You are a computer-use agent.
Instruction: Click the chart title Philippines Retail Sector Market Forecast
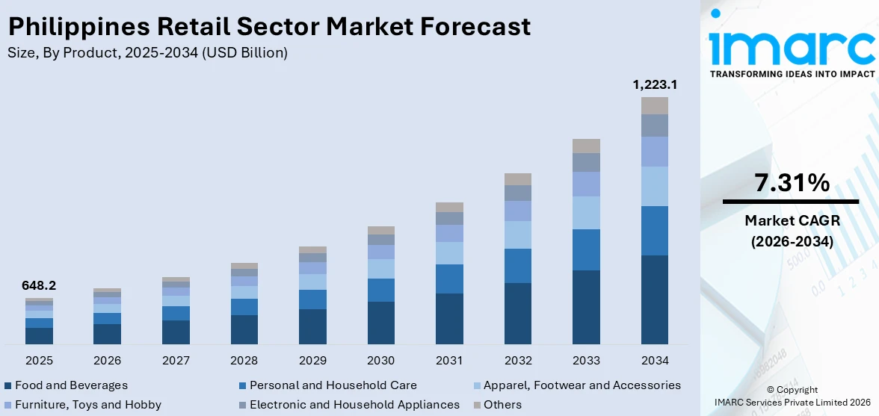[x=269, y=26]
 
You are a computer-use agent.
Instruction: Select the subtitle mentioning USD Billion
[x=147, y=53]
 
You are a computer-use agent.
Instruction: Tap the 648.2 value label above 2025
[x=39, y=285]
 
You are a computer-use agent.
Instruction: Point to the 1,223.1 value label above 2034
[x=654, y=85]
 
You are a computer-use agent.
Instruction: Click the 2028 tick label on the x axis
[x=244, y=361]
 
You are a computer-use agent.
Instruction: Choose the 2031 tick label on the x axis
[x=449, y=361]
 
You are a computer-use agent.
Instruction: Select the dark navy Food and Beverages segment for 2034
[x=654, y=299]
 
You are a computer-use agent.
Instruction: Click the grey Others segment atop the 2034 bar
[x=654, y=105]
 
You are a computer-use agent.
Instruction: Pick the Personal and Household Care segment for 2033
[x=586, y=249]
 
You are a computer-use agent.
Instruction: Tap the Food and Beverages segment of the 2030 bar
[x=380, y=323]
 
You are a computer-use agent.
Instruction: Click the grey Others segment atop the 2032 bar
[x=517, y=179]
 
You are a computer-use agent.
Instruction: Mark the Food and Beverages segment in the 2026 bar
[x=107, y=334]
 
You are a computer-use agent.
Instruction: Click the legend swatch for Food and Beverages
[x=7, y=386]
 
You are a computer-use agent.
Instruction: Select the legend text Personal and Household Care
[x=333, y=385]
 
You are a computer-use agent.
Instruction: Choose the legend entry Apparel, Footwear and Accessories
[x=582, y=385]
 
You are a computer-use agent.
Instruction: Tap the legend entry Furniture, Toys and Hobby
[x=87, y=405]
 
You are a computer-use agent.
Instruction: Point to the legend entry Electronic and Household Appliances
[x=354, y=405]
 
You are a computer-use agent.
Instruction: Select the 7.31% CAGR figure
[x=792, y=182]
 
